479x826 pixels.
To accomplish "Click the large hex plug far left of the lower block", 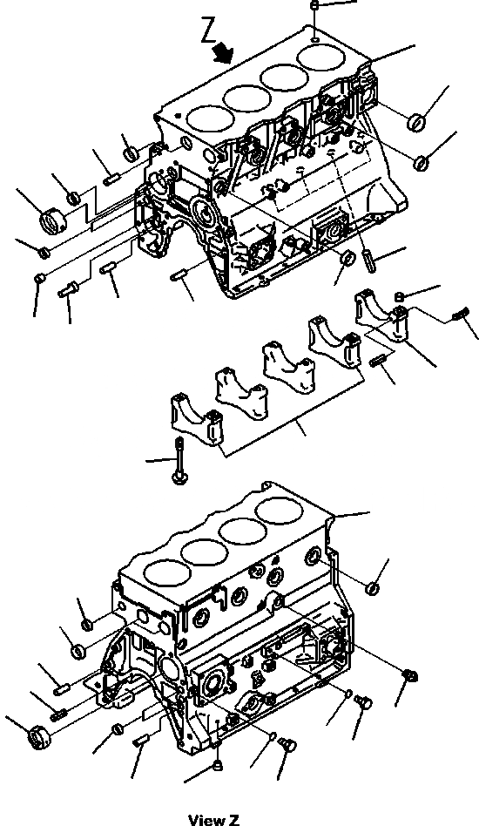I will [x=40, y=736].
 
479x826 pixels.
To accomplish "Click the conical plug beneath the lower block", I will [x=217, y=765].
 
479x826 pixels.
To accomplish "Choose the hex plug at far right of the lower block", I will [x=409, y=674].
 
